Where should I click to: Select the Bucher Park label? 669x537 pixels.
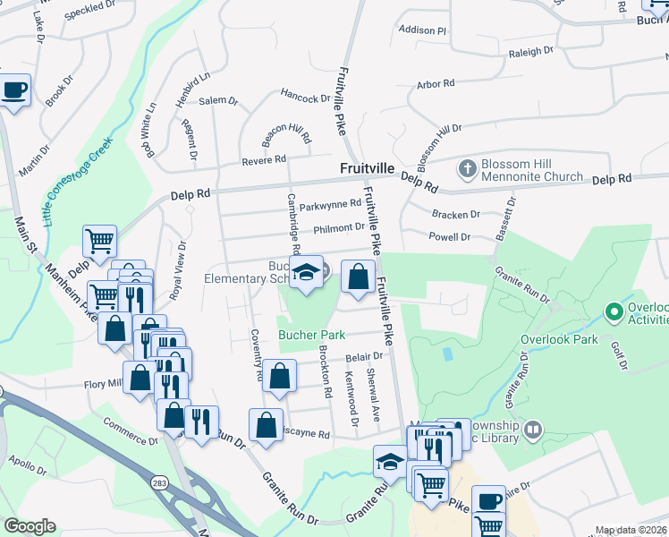[x=311, y=336]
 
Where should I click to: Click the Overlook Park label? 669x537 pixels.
[x=560, y=339]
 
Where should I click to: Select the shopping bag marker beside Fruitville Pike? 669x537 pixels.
[x=358, y=279]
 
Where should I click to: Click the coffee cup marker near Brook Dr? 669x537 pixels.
[x=15, y=90]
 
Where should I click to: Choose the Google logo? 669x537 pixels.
[x=30, y=526]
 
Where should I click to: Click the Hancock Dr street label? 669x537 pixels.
[x=306, y=97]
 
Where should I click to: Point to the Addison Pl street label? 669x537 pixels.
[x=422, y=30]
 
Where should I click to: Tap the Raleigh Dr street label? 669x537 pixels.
[x=531, y=53]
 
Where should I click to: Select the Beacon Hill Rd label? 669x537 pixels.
[x=286, y=134]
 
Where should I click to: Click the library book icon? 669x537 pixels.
[x=533, y=430]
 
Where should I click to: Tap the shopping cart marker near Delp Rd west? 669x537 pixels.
[x=99, y=241]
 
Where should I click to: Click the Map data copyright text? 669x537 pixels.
[x=631, y=530]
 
